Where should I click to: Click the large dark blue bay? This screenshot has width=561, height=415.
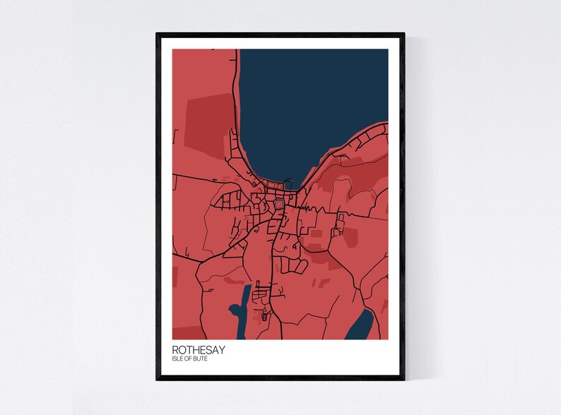tap(311, 106)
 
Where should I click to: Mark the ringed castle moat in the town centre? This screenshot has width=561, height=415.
tap(280, 205)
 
